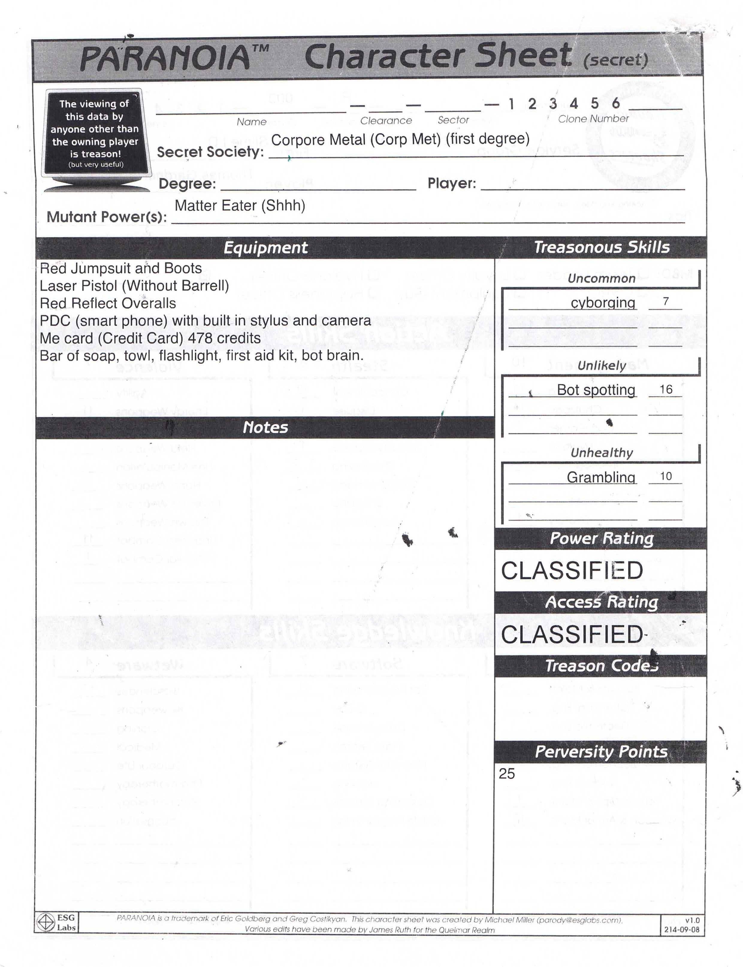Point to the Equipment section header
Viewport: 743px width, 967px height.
coord(265,248)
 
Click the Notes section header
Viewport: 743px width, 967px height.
coord(265,427)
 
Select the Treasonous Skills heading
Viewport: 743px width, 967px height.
coord(602,247)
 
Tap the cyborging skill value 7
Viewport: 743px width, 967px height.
coord(666,302)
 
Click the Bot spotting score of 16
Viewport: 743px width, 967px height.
coord(666,389)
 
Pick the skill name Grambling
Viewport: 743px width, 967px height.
coord(601,477)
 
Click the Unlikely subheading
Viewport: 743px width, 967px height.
coord(602,366)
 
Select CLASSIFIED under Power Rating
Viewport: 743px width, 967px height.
coord(572,570)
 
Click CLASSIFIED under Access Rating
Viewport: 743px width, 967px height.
coord(572,634)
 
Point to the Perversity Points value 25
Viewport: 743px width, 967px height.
coord(507,774)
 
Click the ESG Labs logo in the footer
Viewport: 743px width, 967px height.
coord(56,923)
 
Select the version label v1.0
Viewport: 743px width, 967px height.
coord(692,920)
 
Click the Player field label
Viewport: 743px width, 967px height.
coord(451,183)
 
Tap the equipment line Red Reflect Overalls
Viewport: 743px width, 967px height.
coord(108,303)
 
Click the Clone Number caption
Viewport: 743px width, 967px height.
coord(593,119)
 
